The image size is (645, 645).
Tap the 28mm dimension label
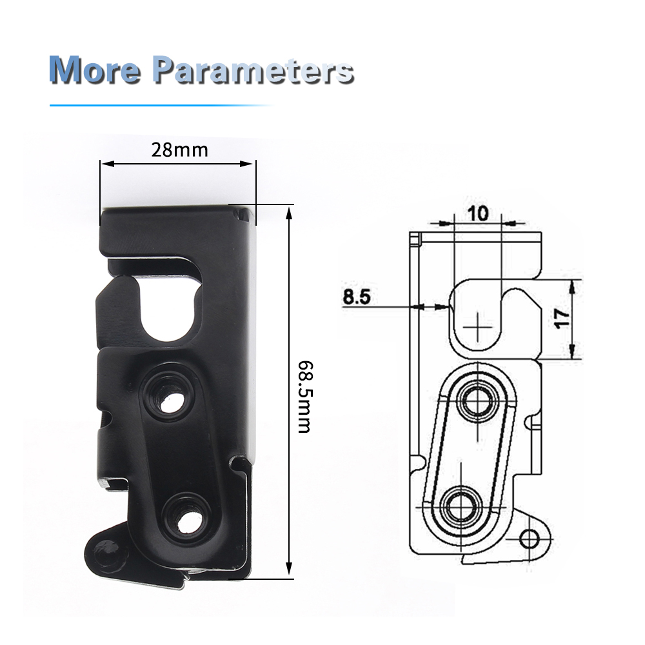point(180,150)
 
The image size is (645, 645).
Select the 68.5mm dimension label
point(304,397)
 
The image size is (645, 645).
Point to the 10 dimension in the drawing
point(478,213)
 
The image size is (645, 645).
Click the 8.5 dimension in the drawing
point(357,297)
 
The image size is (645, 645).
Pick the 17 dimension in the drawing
point(562,319)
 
